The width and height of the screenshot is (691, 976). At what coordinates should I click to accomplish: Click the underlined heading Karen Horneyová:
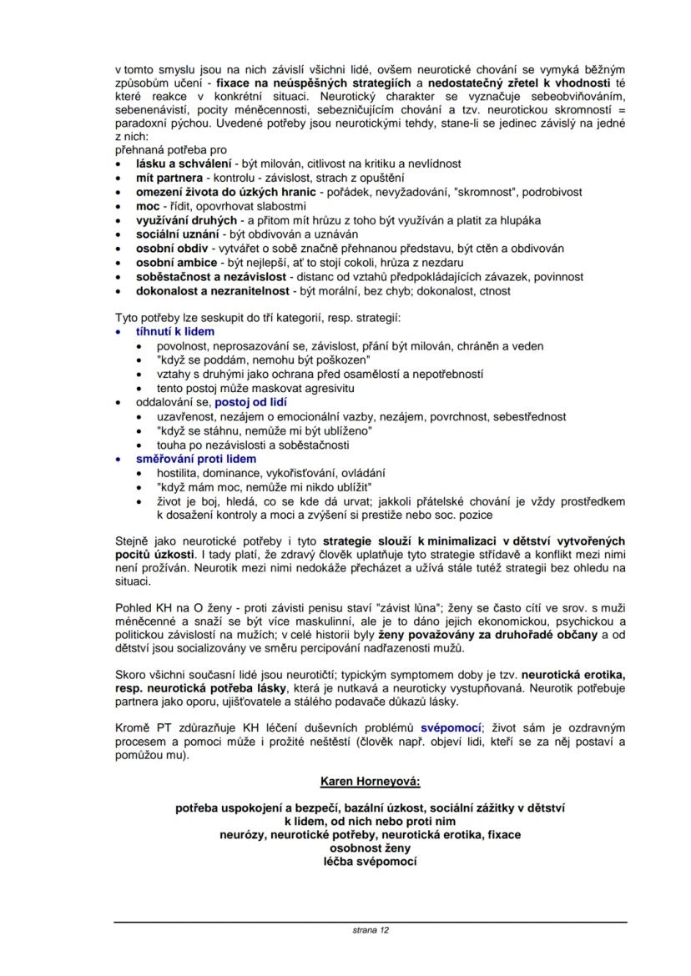click(371, 782)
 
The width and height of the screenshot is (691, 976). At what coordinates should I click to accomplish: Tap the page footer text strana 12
click(371, 929)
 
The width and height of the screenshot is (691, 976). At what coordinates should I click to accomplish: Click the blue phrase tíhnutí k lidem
click(175, 332)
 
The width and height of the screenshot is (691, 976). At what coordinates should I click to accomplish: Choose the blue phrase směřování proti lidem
click(196, 459)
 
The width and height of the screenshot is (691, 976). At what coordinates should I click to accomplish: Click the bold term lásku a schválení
click(184, 164)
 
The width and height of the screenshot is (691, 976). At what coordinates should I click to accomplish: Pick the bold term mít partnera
click(169, 178)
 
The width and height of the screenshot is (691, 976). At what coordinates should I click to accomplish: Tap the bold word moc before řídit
click(148, 206)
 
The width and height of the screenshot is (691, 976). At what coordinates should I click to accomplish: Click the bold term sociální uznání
click(178, 234)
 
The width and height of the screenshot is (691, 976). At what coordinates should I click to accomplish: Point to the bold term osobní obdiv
click(172, 249)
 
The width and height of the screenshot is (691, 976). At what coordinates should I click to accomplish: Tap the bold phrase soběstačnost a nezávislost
click(212, 277)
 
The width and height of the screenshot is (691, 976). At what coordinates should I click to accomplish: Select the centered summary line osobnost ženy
click(371, 848)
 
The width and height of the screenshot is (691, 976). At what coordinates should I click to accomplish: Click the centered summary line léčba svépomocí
click(371, 861)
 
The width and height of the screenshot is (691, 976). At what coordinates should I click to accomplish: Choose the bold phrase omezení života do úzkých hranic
click(225, 192)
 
